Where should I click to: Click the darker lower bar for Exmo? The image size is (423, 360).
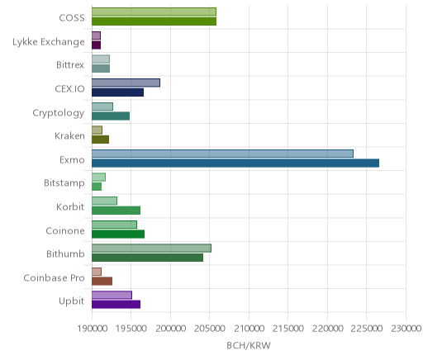coord(235,163)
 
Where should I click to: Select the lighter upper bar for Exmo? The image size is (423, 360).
coord(222,154)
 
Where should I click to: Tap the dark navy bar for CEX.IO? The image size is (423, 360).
coord(118,92)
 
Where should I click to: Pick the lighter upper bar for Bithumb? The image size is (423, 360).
coord(151,248)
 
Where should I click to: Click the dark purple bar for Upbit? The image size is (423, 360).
coord(116,305)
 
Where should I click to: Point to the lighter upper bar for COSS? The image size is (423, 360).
coord(154,12)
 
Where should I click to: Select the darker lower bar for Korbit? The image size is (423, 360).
coord(116,211)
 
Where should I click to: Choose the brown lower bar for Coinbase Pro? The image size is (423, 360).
coord(102,282)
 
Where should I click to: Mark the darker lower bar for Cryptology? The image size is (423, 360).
coord(111,116)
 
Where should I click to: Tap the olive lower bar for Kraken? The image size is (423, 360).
coord(101,140)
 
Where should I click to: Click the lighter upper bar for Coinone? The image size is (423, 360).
coord(114,225)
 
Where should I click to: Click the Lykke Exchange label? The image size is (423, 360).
coord(49,42)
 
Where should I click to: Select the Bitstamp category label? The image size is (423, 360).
coord(64,183)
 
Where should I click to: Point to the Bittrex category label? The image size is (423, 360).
coord(70,65)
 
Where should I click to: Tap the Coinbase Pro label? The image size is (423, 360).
coord(54,277)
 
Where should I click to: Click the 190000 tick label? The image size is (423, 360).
coord(92,329)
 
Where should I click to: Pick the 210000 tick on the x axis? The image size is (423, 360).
coord(250,329)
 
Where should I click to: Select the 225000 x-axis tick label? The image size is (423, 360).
coord(367,329)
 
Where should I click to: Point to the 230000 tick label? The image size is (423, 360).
coord(406,329)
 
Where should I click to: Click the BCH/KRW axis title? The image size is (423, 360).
coord(249,345)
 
